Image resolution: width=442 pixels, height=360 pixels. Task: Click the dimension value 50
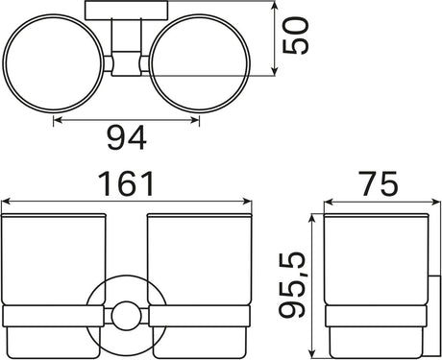(x=296, y=36)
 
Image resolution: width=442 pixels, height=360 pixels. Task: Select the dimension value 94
(x=127, y=138)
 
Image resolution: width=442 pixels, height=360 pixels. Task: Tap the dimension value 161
(x=127, y=183)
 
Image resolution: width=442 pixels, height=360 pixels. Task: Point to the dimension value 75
(x=379, y=183)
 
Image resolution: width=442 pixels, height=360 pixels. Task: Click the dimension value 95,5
(x=291, y=284)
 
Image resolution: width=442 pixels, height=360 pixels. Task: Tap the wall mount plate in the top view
(x=127, y=11)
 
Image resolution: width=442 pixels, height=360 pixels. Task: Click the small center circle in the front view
(x=127, y=316)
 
